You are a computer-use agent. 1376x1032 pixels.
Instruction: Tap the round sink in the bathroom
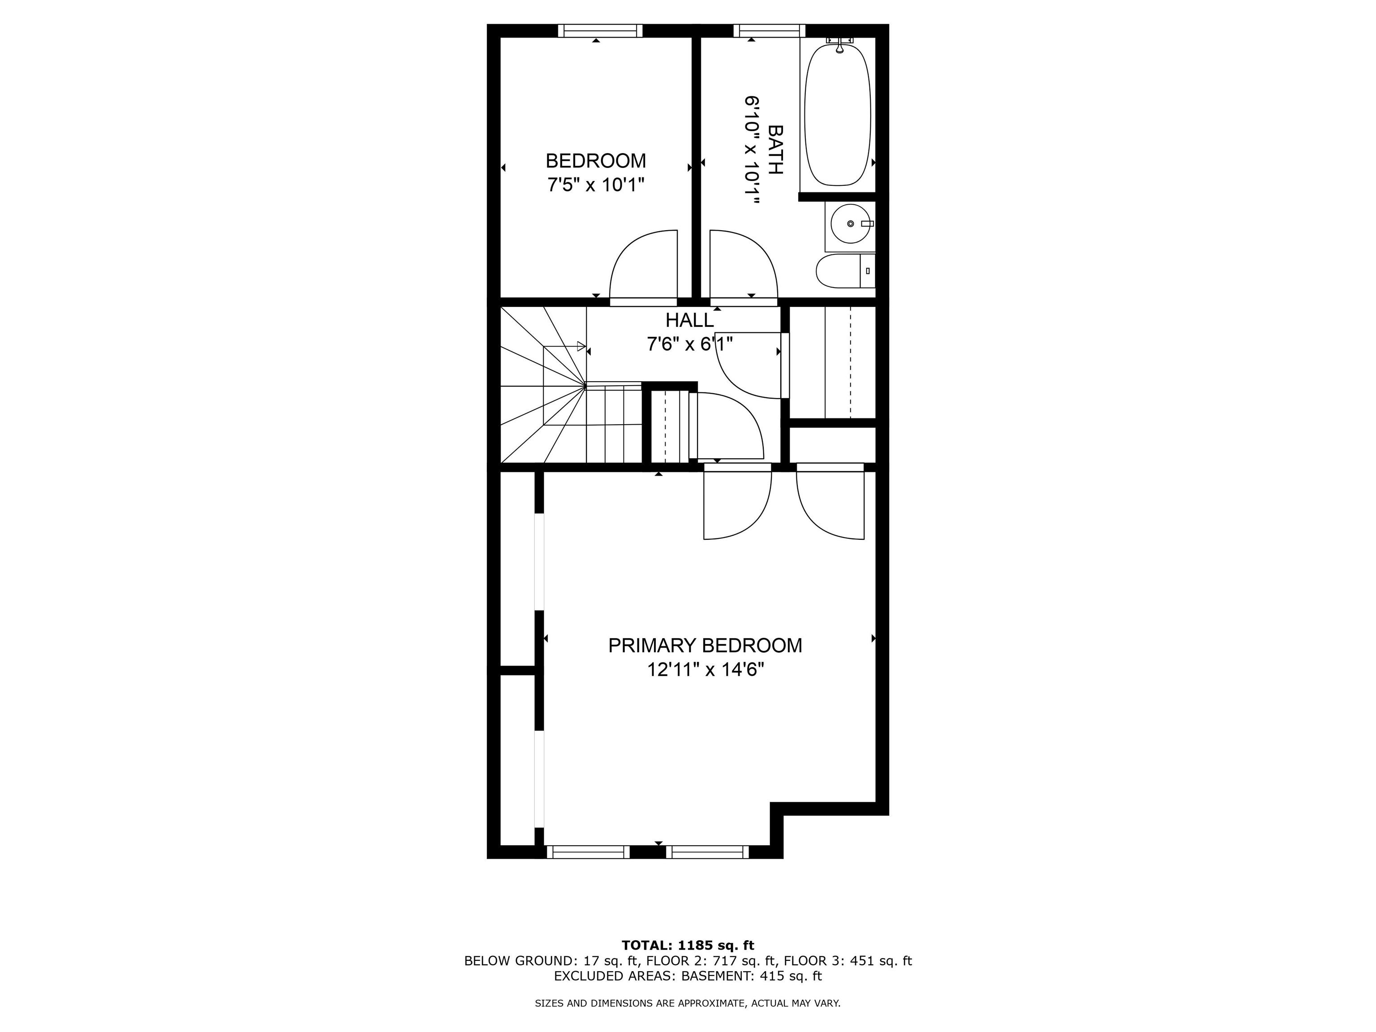(x=850, y=224)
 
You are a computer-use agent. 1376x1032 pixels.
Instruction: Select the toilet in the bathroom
(x=845, y=271)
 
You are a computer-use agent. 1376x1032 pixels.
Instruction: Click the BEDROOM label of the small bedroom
(x=595, y=161)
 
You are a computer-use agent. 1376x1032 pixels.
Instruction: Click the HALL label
(x=689, y=320)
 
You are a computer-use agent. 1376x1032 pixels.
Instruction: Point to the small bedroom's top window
(x=600, y=30)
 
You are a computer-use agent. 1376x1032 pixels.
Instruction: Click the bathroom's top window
(x=769, y=30)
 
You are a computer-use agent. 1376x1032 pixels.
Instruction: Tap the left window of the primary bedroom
(x=588, y=852)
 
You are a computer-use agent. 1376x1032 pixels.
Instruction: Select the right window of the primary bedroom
(x=707, y=852)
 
